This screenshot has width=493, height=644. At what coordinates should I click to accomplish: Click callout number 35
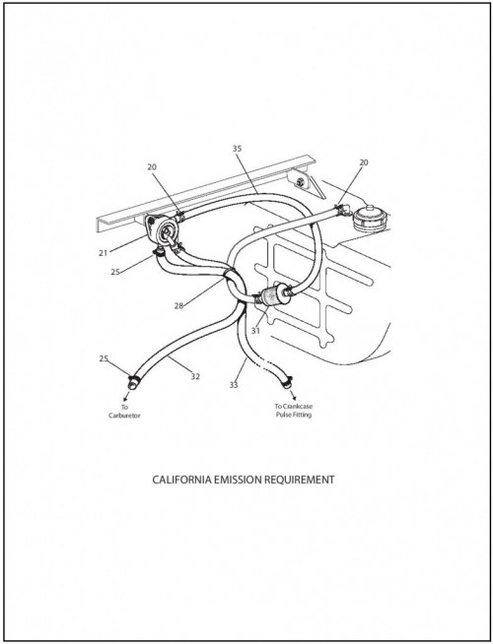(237, 149)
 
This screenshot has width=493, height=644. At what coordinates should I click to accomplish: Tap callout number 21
(103, 253)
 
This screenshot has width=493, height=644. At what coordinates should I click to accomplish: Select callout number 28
(178, 306)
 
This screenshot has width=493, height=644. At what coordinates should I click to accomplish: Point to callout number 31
(255, 331)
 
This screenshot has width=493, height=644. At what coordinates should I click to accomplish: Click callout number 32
(195, 376)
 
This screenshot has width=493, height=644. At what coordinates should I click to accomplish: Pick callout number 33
(234, 385)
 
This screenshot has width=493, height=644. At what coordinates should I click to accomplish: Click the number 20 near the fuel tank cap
(364, 162)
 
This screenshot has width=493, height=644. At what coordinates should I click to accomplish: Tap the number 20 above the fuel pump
(152, 166)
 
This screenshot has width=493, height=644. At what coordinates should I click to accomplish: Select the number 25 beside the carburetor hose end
(104, 358)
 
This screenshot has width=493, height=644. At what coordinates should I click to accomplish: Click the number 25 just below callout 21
(115, 272)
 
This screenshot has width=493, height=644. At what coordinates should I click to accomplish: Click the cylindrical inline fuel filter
(272, 295)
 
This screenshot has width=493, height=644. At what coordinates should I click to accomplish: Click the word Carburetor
(124, 416)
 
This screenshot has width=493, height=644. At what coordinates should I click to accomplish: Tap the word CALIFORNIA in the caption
(181, 480)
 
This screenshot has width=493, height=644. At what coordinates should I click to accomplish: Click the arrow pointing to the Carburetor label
(126, 395)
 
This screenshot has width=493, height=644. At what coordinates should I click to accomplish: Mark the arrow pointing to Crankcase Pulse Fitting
(292, 394)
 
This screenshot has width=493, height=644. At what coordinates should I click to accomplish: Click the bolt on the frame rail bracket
(301, 181)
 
